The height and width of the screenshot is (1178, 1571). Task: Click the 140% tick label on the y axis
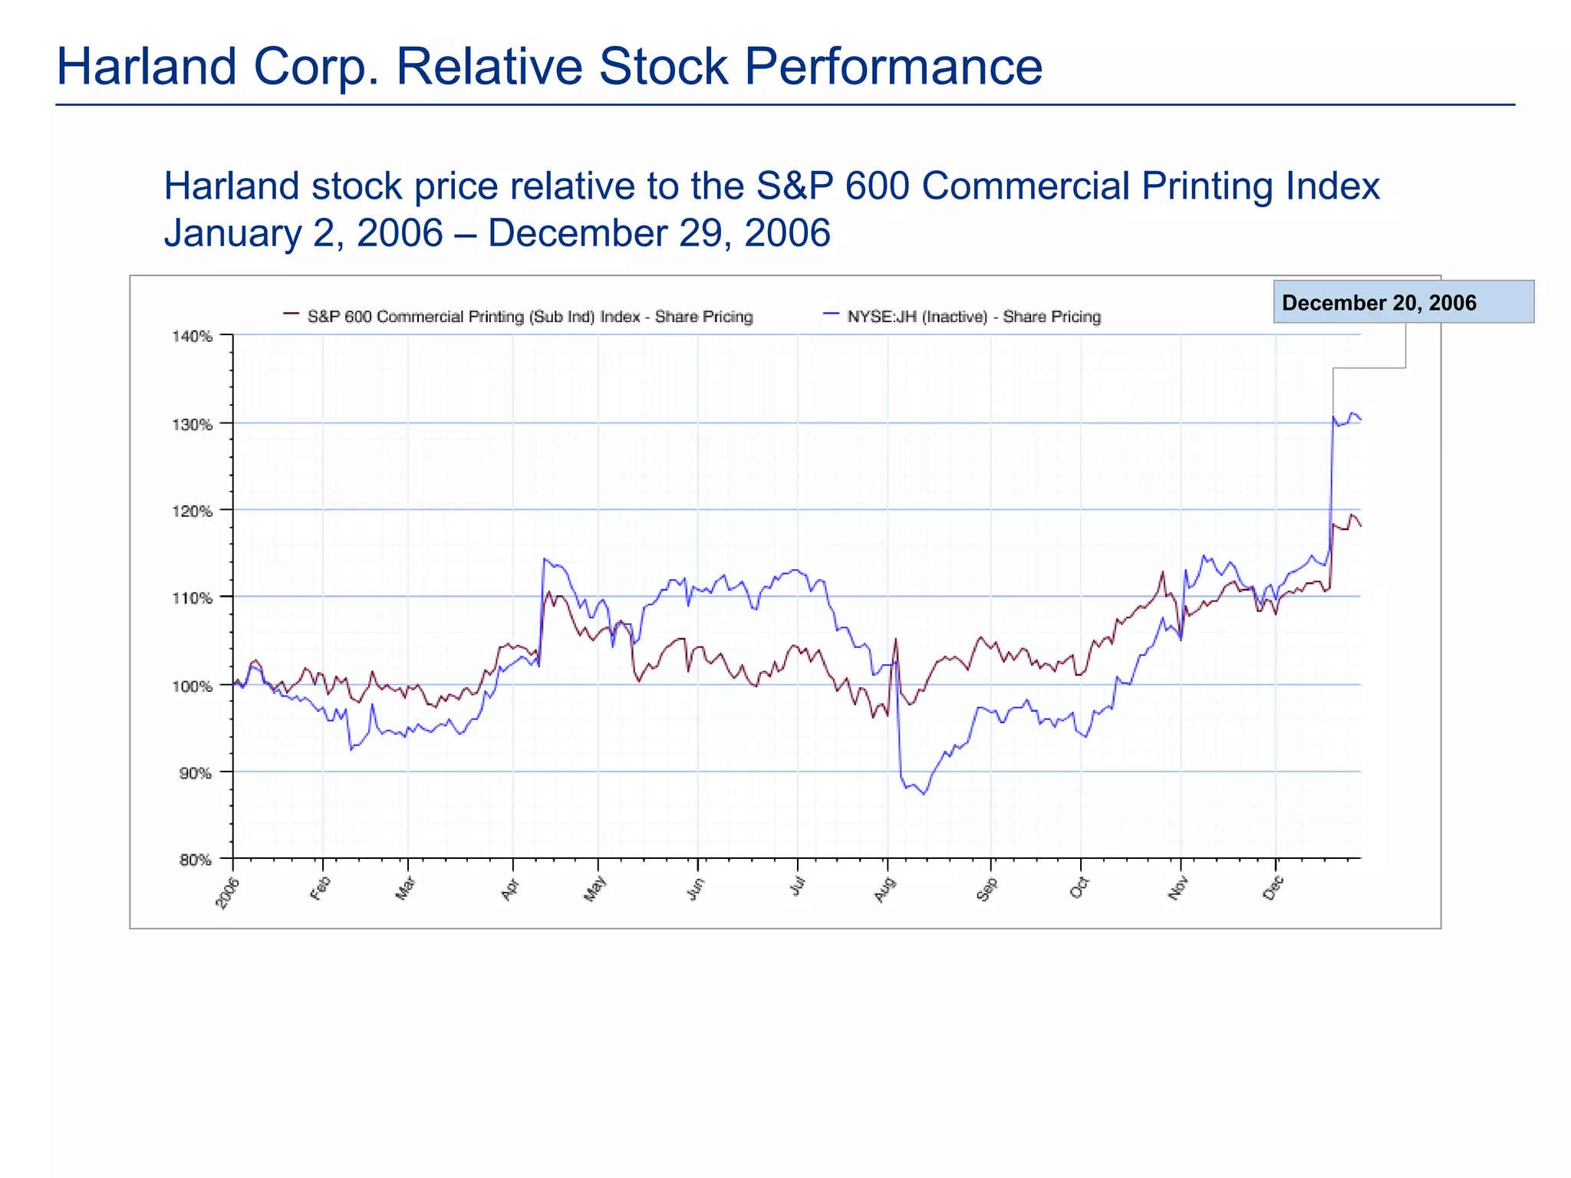point(196,336)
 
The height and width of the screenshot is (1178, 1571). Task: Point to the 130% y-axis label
point(196,424)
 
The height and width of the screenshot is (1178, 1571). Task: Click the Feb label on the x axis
point(321,888)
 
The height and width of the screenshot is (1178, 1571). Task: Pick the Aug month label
point(884,890)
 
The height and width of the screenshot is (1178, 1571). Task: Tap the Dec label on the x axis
point(1273,889)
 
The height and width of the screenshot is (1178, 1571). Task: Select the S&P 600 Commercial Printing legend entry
point(529,317)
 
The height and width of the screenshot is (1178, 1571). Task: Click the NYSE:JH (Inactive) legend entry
point(973,317)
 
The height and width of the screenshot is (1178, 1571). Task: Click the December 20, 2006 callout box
point(1403,302)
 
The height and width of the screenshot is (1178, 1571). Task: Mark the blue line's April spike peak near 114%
point(544,558)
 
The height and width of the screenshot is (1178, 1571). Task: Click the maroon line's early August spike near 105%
point(896,639)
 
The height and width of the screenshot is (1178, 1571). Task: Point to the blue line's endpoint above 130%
point(1360,419)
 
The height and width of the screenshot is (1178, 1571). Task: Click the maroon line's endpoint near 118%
point(1360,526)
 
